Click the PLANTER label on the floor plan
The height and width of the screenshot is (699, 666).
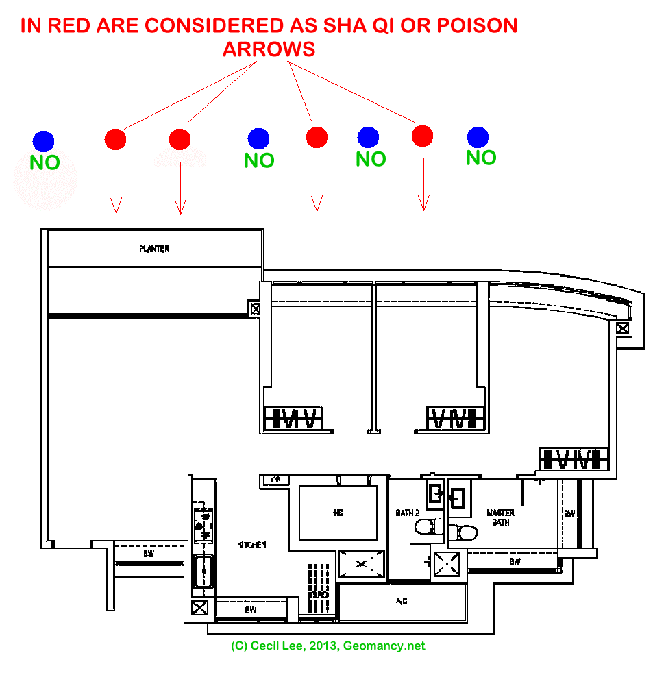point(154,249)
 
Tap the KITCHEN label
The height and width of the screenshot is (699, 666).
point(251,545)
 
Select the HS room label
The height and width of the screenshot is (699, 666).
point(338,512)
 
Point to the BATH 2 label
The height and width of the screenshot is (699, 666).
point(407,513)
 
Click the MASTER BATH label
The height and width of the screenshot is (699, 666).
point(500,517)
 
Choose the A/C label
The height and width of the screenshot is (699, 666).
point(402,601)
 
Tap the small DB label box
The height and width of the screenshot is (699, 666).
point(275,480)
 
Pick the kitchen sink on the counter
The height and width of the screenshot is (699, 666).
point(202,569)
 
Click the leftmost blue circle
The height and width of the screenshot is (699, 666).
point(43,141)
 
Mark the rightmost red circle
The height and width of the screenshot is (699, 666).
point(423,136)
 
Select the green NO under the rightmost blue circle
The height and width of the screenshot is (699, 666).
point(481,158)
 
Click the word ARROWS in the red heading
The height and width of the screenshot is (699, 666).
point(269,49)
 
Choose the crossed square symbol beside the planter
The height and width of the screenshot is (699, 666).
point(256,308)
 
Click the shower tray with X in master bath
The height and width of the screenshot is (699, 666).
point(449,564)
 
